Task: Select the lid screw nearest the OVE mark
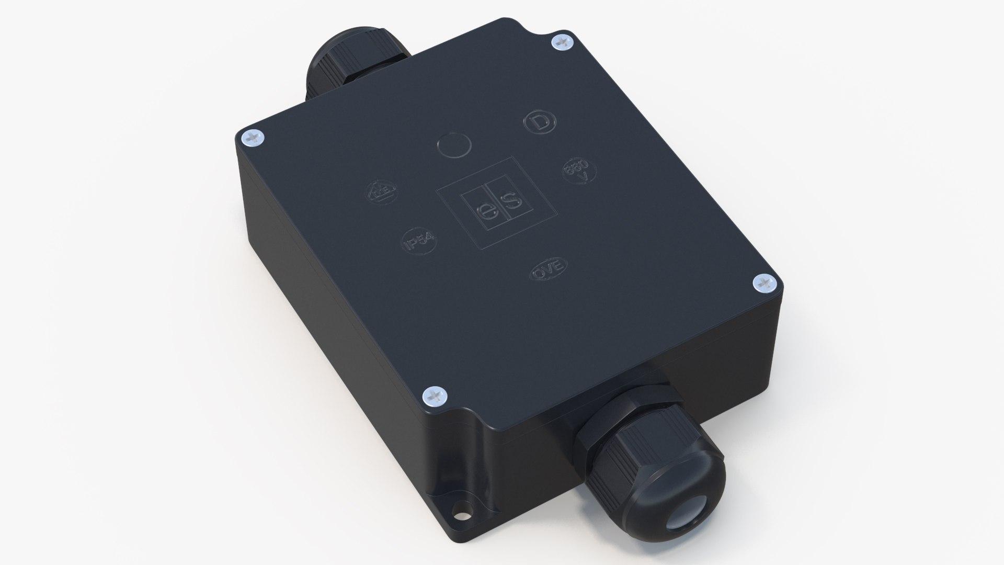[765, 284]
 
